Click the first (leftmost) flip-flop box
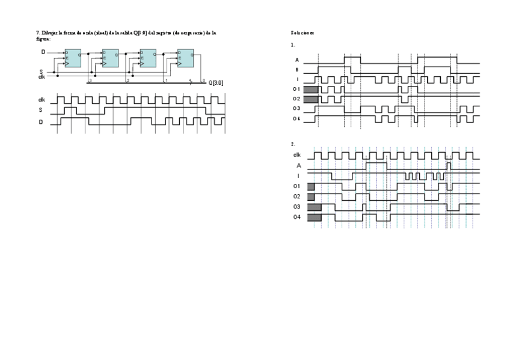coord(73,58)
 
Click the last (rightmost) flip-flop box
coord(185,58)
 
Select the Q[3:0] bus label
coord(216,82)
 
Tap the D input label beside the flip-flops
coord(43,52)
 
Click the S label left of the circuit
coord(41,71)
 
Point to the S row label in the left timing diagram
coord(41,111)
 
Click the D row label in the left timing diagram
coord(41,122)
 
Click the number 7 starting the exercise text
coord(38,32)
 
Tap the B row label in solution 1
coord(297,70)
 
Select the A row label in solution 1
coord(297,60)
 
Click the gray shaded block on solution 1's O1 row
coord(310,89)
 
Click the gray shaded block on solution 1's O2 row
coord(310,99)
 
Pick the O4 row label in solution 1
coord(296,118)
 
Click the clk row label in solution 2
coord(297,155)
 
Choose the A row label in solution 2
coord(298,165)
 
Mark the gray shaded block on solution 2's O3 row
coord(314,207)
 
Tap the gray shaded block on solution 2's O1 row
coord(311,186)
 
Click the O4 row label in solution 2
coord(297,216)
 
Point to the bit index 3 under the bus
coord(90,80)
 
